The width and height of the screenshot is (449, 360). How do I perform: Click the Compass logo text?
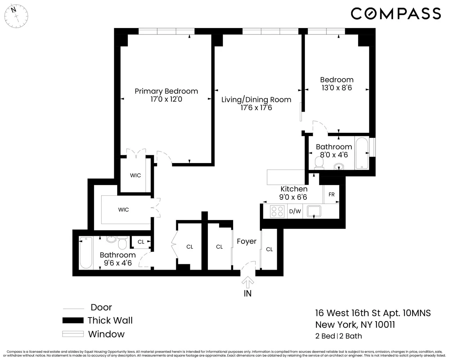[x=395, y=14]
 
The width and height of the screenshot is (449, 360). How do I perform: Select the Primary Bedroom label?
[x=166, y=91]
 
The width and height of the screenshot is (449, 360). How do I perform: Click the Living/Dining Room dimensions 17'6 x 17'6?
[x=256, y=108]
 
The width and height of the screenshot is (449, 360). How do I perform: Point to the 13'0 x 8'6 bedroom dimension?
[x=337, y=88]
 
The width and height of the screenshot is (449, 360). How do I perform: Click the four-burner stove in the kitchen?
[x=277, y=211]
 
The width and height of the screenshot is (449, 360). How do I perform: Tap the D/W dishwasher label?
[x=295, y=211]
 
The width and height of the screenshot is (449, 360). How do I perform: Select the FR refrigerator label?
[x=332, y=194]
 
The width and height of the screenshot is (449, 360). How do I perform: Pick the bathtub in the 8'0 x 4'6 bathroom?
[x=361, y=154]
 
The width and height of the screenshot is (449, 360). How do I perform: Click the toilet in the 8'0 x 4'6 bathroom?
[x=318, y=164]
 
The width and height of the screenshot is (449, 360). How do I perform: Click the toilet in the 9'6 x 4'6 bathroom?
[x=122, y=244]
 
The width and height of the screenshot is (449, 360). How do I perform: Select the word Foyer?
[x=246, y=241]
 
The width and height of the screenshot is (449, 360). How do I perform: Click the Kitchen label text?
[x=294, y=189]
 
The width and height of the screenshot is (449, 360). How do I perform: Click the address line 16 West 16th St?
[x=373, y=313]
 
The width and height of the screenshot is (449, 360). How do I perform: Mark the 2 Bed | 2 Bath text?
[x=338, y=336]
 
